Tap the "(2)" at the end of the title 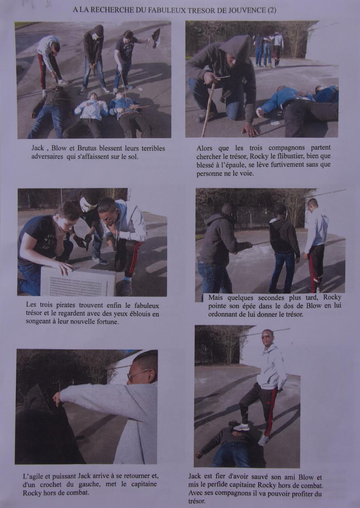[272, 11]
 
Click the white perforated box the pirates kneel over [78, 281]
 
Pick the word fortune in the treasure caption [108, 322]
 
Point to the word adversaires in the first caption [47, 157]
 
